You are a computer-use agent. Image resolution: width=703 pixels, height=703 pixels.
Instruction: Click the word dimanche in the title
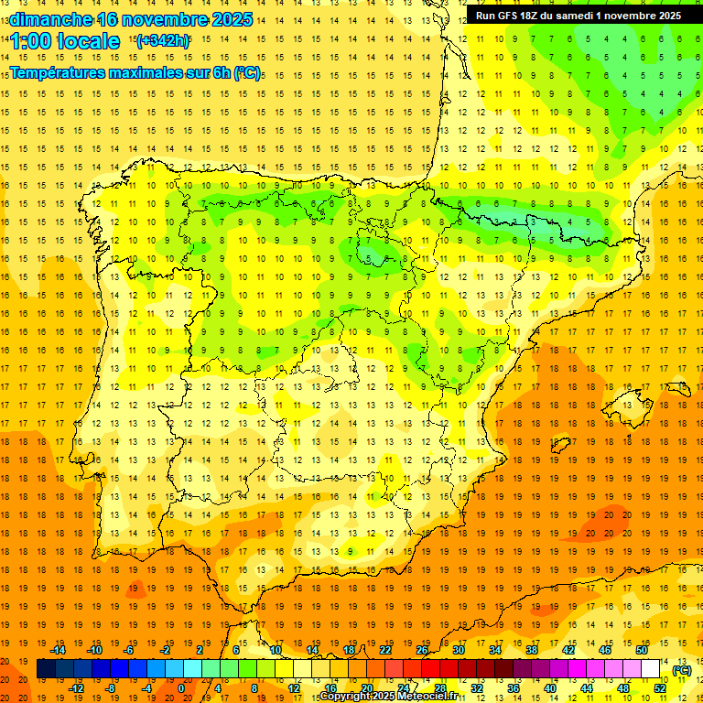tap(49, 19)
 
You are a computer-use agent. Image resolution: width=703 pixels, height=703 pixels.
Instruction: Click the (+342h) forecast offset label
tap(162, 40)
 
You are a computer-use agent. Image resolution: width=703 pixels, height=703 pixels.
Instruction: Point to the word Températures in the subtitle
tap(59, 72)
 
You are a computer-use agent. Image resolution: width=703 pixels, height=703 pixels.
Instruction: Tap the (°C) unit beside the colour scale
tap(682, 670)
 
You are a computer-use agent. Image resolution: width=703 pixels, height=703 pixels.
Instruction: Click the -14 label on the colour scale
tap(59, 649)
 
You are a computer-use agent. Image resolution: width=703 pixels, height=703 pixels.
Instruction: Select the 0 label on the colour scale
tap(180, 688)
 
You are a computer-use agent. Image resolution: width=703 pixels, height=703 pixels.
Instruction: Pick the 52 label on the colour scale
tap(660, 688)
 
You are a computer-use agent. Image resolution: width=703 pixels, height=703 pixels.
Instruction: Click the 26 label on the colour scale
tap(422, 649)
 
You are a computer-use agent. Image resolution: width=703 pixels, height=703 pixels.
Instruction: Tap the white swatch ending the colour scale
tap(651, 669)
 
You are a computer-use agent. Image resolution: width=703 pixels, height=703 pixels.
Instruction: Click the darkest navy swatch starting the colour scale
tap(46, 669)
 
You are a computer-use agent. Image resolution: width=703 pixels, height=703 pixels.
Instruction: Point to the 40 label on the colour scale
tap(550, 688)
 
